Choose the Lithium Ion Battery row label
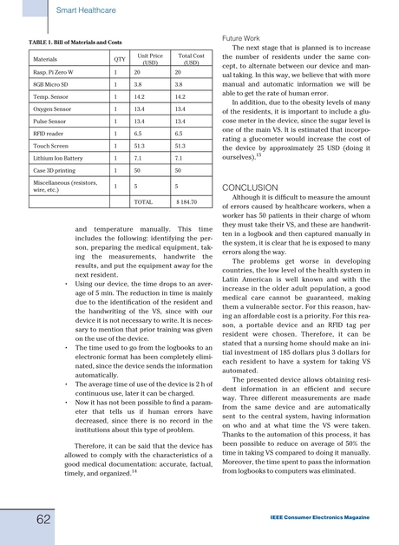tap(57, 160)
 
